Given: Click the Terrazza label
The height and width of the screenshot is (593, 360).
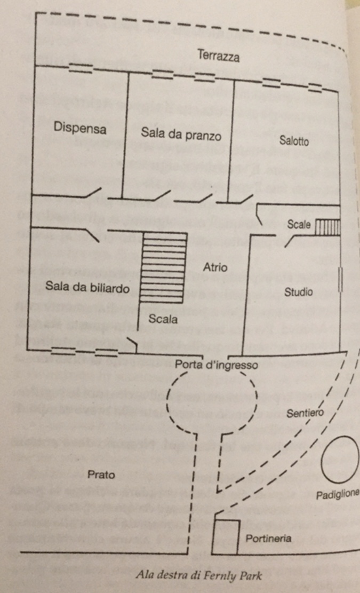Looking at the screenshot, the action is click(x=218, y=56).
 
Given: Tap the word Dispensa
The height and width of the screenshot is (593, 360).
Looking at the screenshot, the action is click(x=80, y=129).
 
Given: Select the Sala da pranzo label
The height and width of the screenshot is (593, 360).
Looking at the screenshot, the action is click(x=181, y=134).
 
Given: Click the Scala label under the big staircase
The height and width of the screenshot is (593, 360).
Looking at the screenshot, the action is click(x=163, y=320).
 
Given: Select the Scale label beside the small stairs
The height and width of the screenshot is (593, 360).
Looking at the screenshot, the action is click(x=299, y=225).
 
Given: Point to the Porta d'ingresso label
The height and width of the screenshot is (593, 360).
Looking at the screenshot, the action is click(x=217, y=366).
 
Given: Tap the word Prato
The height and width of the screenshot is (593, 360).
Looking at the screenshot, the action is click(x=101, y=474).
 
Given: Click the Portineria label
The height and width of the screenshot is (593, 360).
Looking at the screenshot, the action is click(x=268, y=538).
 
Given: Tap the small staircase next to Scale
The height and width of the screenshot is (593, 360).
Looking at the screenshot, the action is click(x=327, y=227).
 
